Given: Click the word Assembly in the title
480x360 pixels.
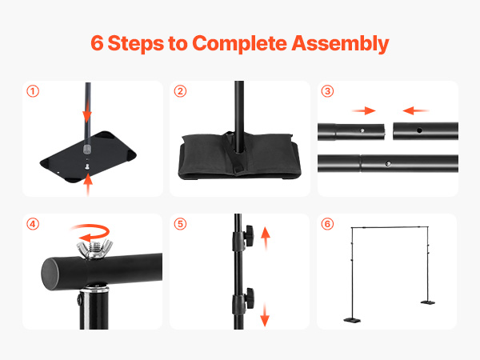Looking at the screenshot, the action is [340, 44].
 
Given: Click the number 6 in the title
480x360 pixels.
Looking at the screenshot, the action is [97, 43].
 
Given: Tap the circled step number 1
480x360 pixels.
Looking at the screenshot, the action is [33, 91].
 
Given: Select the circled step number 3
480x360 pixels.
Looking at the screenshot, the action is [327, 91].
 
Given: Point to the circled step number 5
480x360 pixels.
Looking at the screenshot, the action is [180, 224].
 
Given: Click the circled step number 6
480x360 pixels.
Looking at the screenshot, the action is [327, 224].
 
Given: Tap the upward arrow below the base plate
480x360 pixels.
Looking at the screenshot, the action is [88, 184].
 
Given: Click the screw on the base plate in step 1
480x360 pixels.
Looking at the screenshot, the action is [88, 167].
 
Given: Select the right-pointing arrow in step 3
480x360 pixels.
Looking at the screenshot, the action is [364, 110].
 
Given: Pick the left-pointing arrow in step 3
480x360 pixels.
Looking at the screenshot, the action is [415, 110].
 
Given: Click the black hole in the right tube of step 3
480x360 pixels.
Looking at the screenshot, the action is [419, 130].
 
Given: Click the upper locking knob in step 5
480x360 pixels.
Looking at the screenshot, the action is [248, 235].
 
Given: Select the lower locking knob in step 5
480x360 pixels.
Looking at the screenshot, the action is [249, 298].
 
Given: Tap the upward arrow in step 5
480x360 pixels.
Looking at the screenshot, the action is [266, 238].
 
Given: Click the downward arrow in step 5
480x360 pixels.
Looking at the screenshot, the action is [265, 314].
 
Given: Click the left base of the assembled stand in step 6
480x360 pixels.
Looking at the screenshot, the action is [352, 320].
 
